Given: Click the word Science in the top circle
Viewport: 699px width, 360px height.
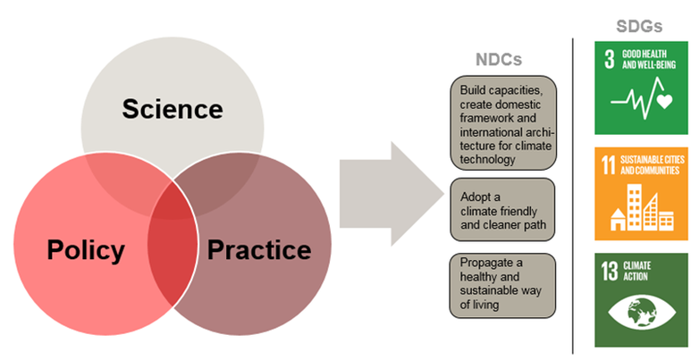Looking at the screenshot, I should click(173, 109).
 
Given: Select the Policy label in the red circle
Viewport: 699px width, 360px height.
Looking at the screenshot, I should click(86, 250).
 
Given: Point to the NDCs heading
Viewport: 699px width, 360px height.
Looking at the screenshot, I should click(498, 60).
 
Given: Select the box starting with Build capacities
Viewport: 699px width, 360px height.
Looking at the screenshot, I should click(504, 123).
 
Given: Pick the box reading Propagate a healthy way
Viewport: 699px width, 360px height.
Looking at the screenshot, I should click(504, 284).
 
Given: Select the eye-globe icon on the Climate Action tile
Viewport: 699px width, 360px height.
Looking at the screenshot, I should click(639, 314).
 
